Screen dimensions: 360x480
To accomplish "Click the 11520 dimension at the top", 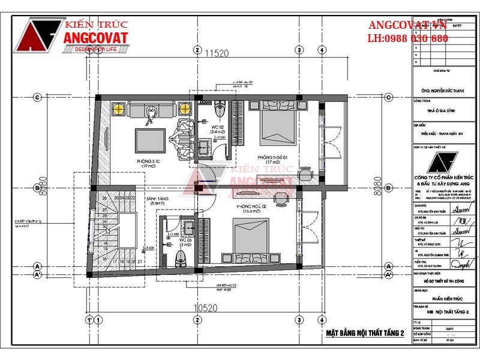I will tap(217, 53).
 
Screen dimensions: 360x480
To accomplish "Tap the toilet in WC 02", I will tap(219, 109).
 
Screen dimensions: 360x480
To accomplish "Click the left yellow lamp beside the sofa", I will tap(118, 109).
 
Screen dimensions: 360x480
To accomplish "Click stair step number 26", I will tap(104, 197).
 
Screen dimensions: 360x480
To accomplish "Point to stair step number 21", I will tap(139, 262).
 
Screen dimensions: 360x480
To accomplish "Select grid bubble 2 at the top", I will tap(196, 50).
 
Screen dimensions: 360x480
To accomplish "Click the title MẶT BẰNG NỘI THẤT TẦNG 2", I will tap(365, 333).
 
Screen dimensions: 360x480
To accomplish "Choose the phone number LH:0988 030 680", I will tap(408, 38).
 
